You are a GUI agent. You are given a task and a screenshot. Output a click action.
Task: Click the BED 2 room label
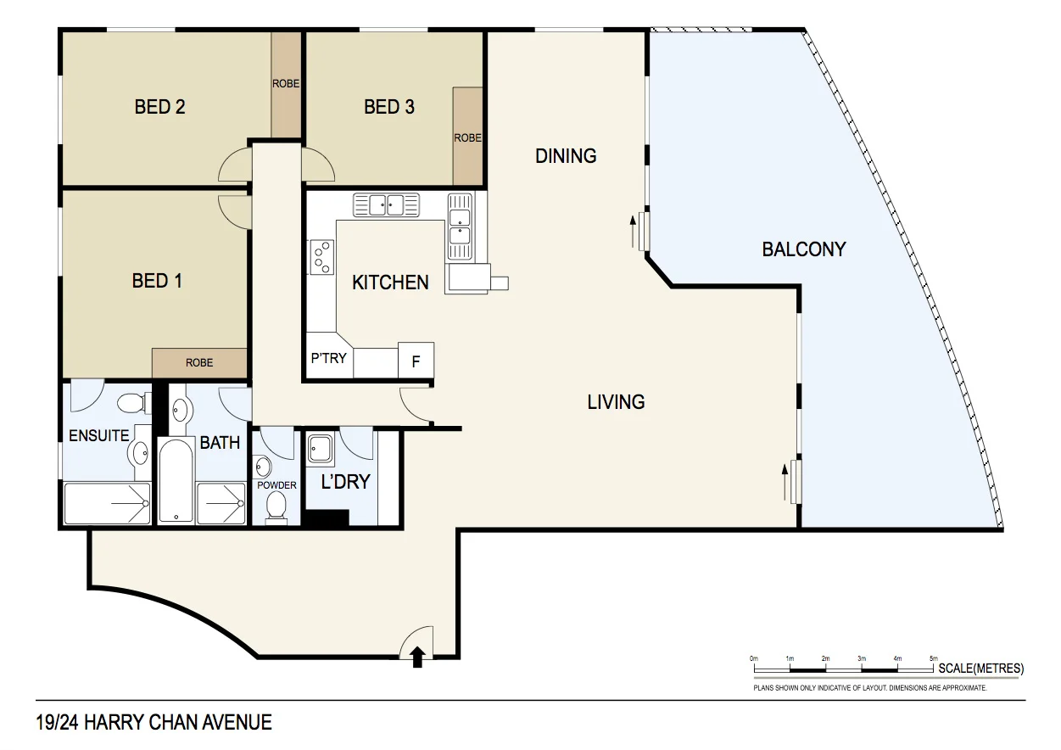click(x=159, y=107)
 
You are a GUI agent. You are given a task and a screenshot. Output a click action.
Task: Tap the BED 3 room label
click(x=389, y=107)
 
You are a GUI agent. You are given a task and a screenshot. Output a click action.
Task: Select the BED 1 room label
click(x=157, y=280)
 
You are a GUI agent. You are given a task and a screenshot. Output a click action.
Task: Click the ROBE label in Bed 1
click(x=199, y=362)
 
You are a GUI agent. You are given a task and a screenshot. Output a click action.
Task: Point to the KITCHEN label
click(x=390, y=283)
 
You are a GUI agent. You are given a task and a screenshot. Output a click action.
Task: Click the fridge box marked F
click(x=416, y=361)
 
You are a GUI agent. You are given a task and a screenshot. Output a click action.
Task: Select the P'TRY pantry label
click(x=328, y=358)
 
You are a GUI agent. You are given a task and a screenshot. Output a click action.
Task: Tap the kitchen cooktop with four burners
click(x=321, y=256)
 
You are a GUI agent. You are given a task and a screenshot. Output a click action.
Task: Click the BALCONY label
click(x=803, y=249)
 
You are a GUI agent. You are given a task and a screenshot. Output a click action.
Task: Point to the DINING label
click(x=566, y=156)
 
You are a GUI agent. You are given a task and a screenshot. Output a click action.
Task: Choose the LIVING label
click(x=616, y=402)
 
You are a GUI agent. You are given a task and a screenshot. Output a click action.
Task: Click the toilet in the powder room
click(x=276, y=506)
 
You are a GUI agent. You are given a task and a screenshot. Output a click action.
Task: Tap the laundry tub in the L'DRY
click(x=321, y=448)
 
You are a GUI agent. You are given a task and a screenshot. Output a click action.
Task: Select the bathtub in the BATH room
click(x=175, y=482)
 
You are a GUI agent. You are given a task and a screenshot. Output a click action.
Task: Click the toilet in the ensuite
click(x=131, y=401)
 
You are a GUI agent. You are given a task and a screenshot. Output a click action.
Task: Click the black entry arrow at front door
click(x=417, y=657)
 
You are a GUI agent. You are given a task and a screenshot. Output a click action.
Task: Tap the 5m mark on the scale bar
click(x=934, y=659)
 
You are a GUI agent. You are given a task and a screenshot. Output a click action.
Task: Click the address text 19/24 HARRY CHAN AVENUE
click(x=154, y=723)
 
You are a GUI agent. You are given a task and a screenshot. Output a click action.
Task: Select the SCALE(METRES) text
click(x=981, y=669)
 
